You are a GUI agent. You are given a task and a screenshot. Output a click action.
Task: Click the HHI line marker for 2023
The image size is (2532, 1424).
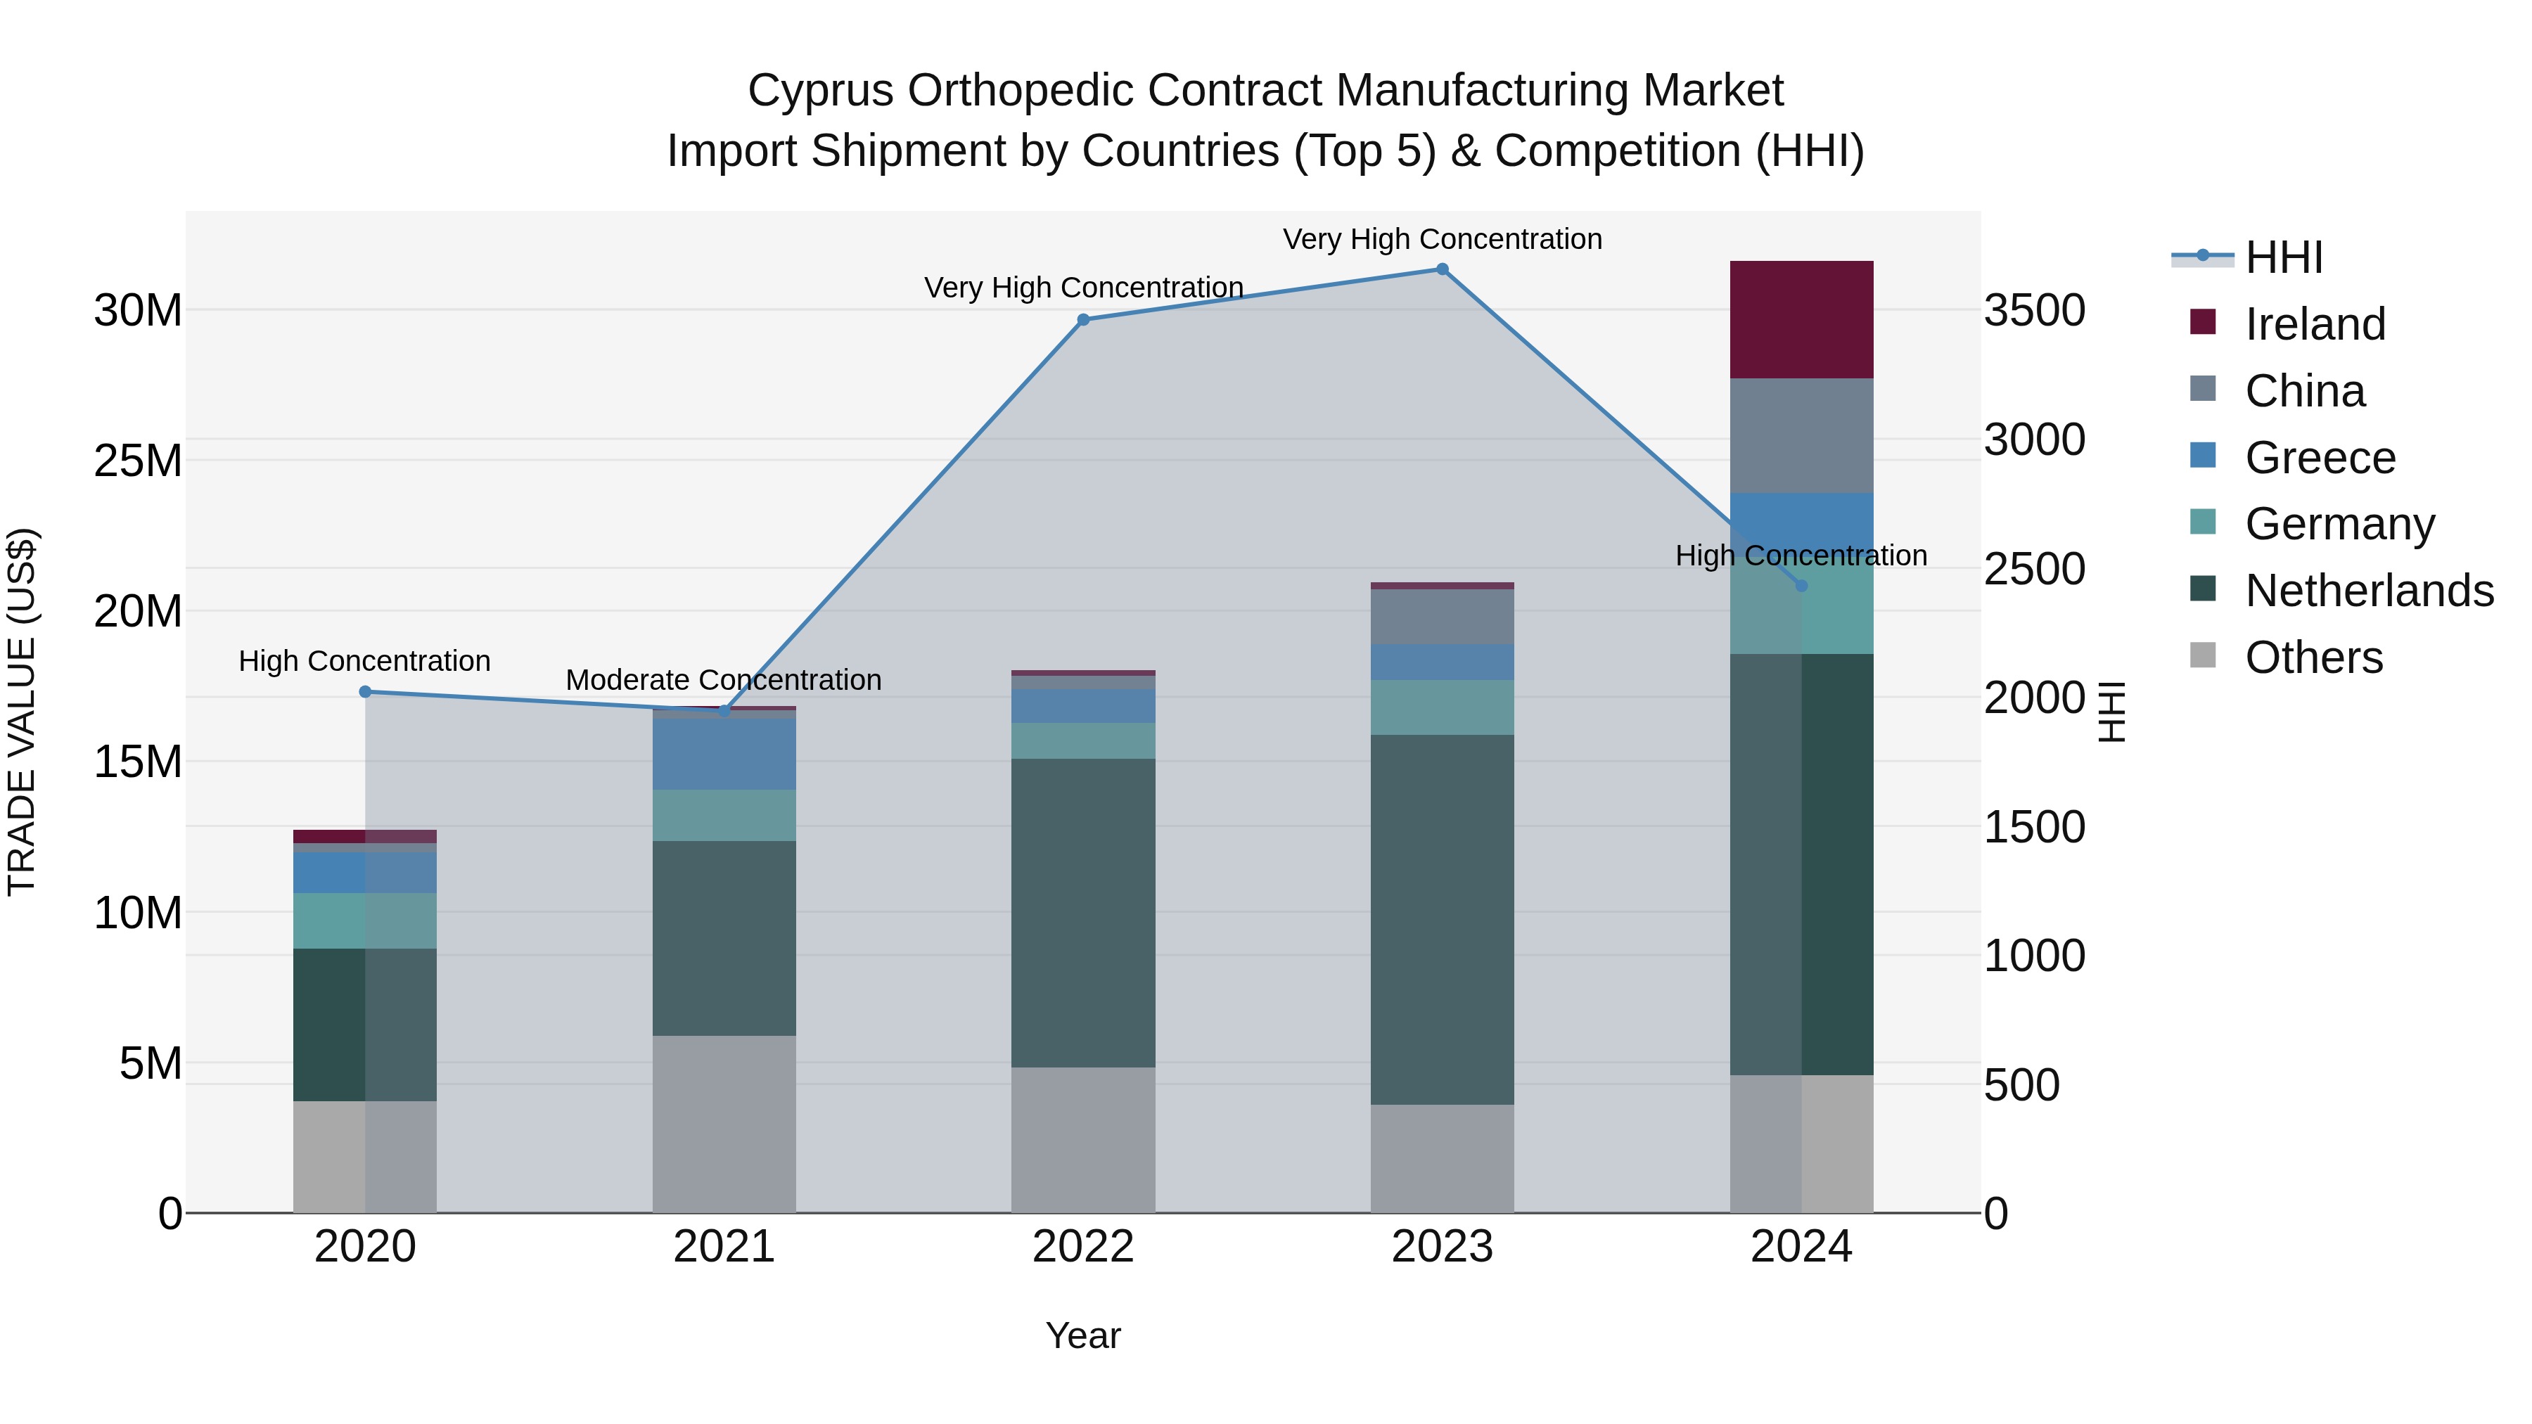pos(1442,269)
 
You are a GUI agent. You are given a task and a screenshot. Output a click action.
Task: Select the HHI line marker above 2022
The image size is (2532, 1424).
pos(1083,319)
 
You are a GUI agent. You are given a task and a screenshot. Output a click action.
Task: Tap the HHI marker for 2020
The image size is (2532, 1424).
pos(364,692)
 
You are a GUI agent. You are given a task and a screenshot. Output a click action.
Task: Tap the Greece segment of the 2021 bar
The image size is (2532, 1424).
pos(724,754)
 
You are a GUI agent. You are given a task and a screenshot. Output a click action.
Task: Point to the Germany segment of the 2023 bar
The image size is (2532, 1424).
pos(1442,707)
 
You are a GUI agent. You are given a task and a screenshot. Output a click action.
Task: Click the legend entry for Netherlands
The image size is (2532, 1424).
pos(2369,591)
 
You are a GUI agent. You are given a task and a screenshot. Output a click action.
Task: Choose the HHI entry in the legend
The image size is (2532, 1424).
pos(2283,257)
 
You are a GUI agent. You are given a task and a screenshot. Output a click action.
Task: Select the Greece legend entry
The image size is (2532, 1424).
pos(2320,458)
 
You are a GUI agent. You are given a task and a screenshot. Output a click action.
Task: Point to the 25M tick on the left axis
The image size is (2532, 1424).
pos(138,461)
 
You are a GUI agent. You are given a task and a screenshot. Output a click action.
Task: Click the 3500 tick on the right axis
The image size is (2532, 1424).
pos(2033,311)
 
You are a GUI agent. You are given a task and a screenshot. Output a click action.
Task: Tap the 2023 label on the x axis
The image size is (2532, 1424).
pos(1442,1247)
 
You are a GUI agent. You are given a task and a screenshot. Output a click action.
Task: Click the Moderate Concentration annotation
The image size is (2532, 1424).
pos(724,680)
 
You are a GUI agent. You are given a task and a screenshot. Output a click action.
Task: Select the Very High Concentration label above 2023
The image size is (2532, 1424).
pos(1442,239)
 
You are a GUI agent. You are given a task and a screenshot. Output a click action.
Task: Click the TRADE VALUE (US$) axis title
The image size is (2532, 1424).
pos(22,712)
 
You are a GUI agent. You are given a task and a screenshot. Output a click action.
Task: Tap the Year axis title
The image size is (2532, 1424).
pos(1083,1335)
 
